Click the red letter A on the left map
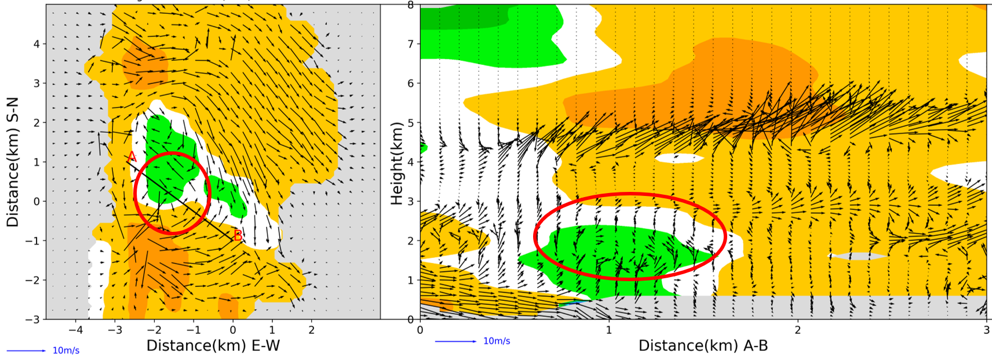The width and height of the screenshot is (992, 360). pos(132,157)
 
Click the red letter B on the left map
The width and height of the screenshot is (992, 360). pos(238,235)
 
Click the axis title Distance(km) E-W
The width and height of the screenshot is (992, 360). pos(213,346)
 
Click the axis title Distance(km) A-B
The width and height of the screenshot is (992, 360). pos(703,346)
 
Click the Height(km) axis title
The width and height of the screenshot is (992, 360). pos(397,163)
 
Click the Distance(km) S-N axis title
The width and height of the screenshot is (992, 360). pos(13,162)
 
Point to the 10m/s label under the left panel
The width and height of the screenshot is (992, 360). pos(66,351)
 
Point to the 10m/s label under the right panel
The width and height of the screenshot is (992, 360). pos(497,341)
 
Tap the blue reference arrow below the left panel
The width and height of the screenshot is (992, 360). pos(26,351)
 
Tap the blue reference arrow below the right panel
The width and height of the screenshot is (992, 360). pos(456,341)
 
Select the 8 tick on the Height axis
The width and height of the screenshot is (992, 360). pos(411,5)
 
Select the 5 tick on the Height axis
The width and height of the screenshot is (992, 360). pos(411,123)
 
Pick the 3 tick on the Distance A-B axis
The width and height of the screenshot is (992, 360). pos(986,330)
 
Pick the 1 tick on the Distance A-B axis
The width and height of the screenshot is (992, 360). pos(609,330)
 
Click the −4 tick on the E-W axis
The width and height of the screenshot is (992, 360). pos(75,330)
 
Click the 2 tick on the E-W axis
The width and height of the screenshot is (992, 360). pos(312,330)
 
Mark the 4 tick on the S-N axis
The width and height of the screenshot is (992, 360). pos(36,44)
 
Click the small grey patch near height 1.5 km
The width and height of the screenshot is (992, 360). pos(858,256)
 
